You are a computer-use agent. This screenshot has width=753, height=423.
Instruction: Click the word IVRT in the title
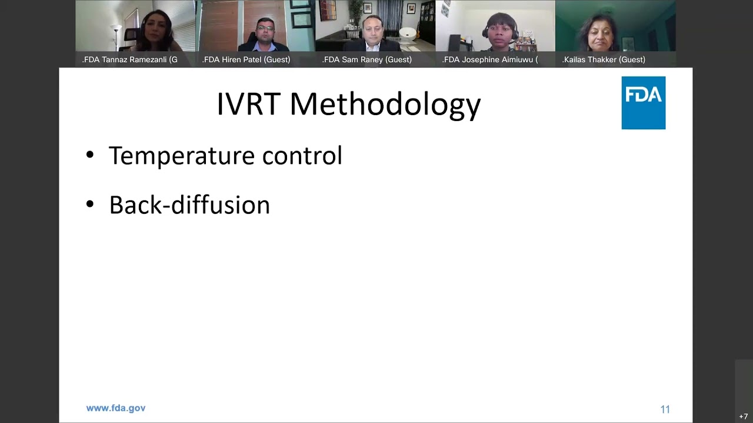tap(249, 104)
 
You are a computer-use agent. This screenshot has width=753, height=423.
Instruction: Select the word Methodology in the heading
tap(385, 105)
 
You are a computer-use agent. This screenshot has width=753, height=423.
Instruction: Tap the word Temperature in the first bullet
tap(182, 156)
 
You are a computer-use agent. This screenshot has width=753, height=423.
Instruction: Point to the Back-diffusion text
tap(189, 205)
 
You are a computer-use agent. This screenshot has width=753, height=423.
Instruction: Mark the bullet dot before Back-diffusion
tap(89, 204)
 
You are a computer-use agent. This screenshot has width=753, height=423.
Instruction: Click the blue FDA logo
tap(643, 102)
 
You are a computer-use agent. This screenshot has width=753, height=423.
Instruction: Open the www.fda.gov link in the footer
tap(116, 408)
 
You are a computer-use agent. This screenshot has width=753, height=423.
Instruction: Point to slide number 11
tap(665, 409)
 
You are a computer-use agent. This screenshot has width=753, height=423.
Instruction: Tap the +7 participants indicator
tap(744, 417)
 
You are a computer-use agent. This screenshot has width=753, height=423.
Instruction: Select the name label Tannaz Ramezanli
tap(130, 59)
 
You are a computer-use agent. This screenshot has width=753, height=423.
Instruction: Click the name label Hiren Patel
tap(246, 59)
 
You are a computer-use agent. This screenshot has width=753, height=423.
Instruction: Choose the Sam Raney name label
tap(367, 59)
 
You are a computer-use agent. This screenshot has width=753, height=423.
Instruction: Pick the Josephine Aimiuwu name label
tap(490, 59)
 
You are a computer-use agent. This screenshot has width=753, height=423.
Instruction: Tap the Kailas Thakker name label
tap(604, 59)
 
